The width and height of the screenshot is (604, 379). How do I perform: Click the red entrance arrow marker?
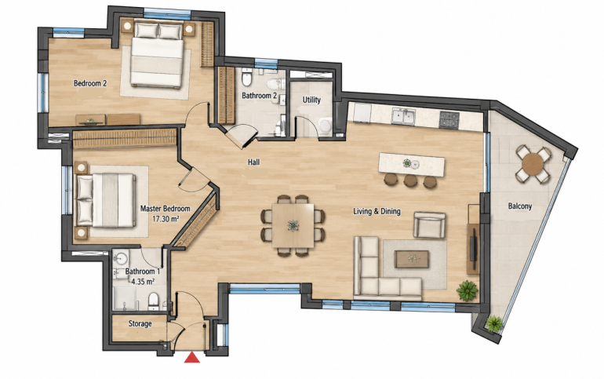[x=192, y=358]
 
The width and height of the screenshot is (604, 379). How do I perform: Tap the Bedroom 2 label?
[x=90, y=83]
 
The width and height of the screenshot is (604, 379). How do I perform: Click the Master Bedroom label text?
[x=166, y=209]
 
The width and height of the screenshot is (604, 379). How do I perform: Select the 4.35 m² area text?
[x=143, y=282]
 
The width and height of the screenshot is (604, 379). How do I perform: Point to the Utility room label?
[x=311, y=100]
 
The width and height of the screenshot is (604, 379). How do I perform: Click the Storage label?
[x=140, y=324]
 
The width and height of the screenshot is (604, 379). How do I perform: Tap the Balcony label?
[x=520, y=206]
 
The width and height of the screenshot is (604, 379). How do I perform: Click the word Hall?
[x=253, y=162]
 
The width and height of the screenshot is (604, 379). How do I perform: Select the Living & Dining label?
[x=377, y=211]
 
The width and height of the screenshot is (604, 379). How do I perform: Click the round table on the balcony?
[x=533, y=164]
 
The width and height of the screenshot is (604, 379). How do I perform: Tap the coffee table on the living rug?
[x=412, y=259]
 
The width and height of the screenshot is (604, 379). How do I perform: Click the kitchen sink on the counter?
[x=403, y=116]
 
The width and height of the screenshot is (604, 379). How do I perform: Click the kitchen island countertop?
[x=412, y=165]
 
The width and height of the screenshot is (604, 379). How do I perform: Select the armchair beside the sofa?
[x=430, y=225]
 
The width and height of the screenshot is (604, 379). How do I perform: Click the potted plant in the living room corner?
[x=468, y=290]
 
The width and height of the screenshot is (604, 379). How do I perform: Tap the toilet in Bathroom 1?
[x=153, y=301]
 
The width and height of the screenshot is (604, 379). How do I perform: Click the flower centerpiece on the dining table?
[x=293, y=225]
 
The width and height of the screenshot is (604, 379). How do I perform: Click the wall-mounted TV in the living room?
[x=474, y=249]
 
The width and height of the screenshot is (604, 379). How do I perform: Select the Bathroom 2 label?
[x=259, y=96]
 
